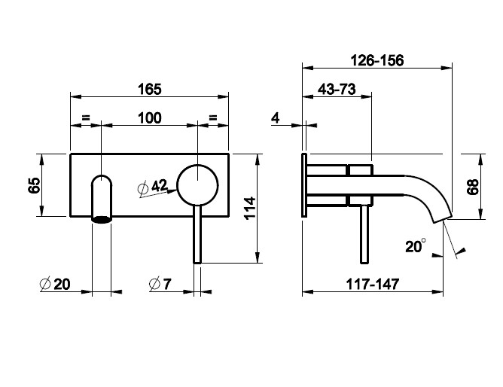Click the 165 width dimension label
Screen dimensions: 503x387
pos(150,89)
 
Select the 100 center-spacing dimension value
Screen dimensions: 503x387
pos(150,118)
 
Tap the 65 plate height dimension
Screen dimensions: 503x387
pos(35,185)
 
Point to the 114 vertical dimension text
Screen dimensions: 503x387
pos(250,208)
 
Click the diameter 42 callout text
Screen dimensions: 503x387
pos(153,187)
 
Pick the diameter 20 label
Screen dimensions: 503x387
pos(55,284)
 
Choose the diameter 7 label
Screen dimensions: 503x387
pos(160,284)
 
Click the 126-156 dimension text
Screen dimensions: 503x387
pos(377,60)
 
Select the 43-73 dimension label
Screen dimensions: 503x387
pos(337,89)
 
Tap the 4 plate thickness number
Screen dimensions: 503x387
pos(276,118)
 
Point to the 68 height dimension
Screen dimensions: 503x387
pos(473,187)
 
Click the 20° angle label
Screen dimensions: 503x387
pos(416,246)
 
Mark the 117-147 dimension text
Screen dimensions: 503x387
pos(373,284)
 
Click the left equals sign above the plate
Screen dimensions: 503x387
pos(86,117)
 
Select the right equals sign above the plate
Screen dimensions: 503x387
pos(213,117)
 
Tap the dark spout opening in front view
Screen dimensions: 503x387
pos(102,219)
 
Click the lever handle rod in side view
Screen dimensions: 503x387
pos(364,234)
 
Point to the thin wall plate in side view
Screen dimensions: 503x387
pos(304,185)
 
